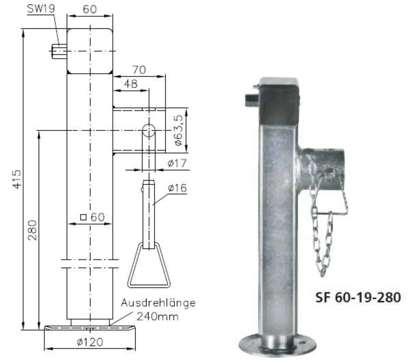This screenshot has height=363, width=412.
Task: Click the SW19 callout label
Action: point(41,9)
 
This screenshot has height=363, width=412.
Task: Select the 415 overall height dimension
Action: point(16,179)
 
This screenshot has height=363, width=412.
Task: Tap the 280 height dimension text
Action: point(32,230)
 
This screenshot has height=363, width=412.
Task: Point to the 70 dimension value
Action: point(139,70)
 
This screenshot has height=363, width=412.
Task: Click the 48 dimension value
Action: point(131,84)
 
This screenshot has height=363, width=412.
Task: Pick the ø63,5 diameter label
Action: point(179,130)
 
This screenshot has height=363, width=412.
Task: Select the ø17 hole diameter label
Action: point(177,163)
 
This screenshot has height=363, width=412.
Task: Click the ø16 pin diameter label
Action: point(177,188)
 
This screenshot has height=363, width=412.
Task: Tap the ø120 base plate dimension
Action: point(90,342)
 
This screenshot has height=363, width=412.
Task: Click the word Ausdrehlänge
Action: point(158,303)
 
